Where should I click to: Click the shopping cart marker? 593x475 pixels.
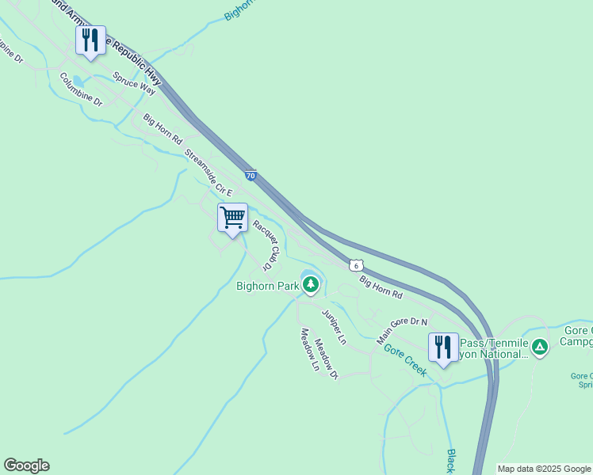(233, 218)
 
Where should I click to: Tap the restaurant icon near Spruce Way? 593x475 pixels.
(90, 40)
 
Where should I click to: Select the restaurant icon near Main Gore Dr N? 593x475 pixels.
(442, 347)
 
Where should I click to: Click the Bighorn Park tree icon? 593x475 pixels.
(310, 283)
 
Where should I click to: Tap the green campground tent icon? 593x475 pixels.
(540, 347)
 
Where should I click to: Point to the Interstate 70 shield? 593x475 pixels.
(251, 175)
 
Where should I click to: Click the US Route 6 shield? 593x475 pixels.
(358, 265)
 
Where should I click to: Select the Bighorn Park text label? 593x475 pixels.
(266, 286)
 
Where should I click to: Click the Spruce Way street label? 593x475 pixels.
(134, 83)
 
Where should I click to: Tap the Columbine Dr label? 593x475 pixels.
(81, 89)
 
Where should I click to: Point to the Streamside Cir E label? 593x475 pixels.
(209, 172)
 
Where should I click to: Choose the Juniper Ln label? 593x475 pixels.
(334, 327)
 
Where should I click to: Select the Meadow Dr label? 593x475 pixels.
(326, 358)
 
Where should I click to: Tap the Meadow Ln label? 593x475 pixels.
(308, 350)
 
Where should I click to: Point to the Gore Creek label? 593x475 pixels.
(405, 359)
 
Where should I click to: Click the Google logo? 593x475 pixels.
(26, 465)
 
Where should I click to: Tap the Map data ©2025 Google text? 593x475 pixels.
(544, 469)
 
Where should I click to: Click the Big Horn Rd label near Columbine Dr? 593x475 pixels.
(163, 129)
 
